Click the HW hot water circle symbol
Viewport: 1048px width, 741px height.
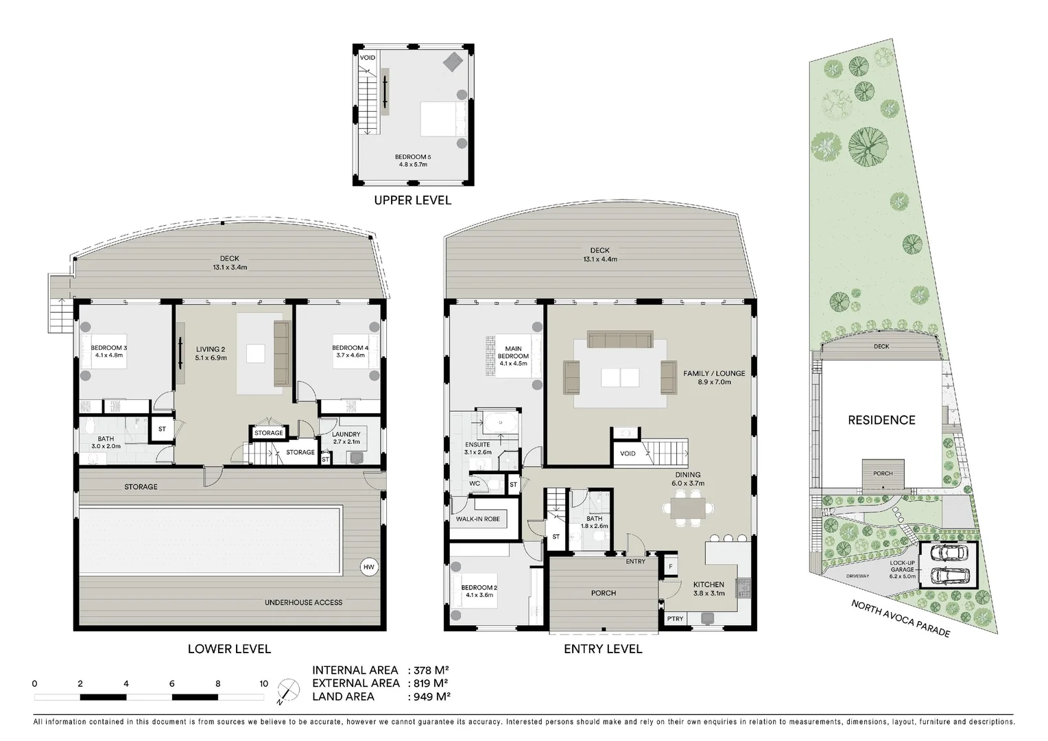[x=369, y=567]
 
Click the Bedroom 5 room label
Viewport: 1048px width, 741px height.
[x=412, y=161]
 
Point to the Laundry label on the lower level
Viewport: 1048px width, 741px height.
[x=346, y=438]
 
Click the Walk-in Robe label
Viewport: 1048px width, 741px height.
[x=477, y=519]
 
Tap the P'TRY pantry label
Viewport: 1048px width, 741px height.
[x=675, y=619]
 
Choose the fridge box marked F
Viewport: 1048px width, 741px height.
[x=670, y=566]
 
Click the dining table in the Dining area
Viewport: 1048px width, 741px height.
[x=687, y=509]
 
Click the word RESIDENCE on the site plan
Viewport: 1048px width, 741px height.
[x=881, y=420]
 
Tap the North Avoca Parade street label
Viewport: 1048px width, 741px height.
[x=901, y=618]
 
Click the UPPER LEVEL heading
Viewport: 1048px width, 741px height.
[x=412, y=200]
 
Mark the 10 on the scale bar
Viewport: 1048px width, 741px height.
[x=263, y=683]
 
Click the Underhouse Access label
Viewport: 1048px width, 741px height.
[x=303, y=602]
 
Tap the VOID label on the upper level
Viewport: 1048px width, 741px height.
[x=368, y=58]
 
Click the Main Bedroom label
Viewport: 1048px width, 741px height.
[x=513, y=353]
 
